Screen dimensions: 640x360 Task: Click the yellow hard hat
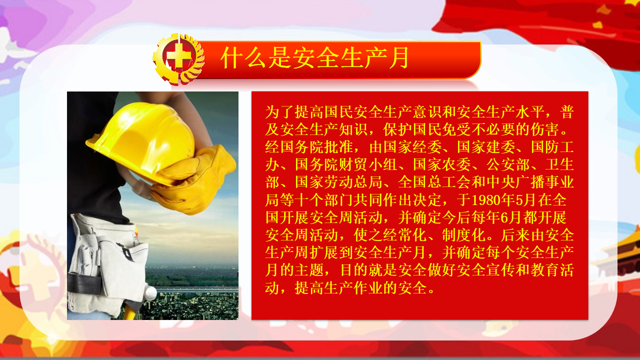140,140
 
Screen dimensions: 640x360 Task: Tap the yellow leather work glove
194,180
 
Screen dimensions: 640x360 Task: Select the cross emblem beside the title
178,59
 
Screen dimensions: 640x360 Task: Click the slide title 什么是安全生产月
315,58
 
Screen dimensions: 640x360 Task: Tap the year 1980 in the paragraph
485,200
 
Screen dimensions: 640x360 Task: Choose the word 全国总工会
434,182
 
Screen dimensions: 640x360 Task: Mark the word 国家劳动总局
338,182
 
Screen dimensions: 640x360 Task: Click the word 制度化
464,235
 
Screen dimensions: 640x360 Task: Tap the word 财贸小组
368,164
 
